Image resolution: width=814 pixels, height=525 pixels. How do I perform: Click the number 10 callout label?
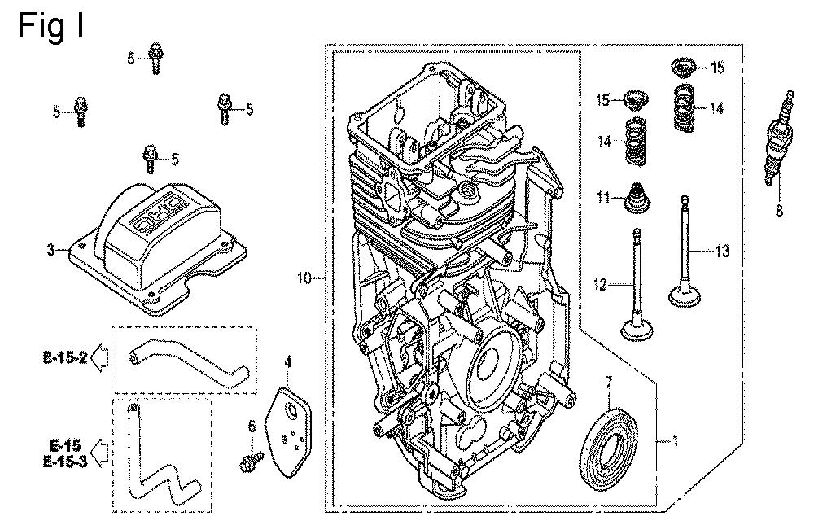pos(304,279)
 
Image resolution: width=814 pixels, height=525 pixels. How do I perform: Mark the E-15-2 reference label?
pos(66,357)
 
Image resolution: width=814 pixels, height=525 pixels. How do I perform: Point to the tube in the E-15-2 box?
pos(184,363)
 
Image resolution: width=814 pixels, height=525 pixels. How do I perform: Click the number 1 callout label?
pos(674,443)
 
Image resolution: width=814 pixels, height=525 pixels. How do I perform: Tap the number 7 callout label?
pos(607,381)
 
